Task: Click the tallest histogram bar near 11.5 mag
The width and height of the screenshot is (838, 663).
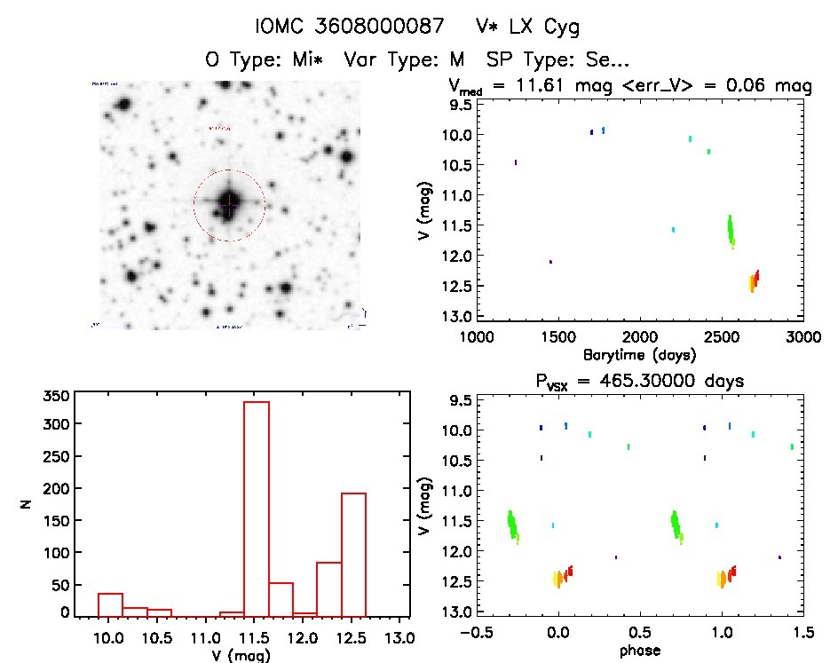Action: coord(256,509)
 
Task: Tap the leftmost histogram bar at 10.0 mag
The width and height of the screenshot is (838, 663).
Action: coord(110,604)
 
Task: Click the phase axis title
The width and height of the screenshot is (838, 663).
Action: coord(640,650)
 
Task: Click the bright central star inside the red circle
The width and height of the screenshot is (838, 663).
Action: coord(229,203)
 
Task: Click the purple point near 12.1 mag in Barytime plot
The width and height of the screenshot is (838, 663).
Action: coord(550,262)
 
